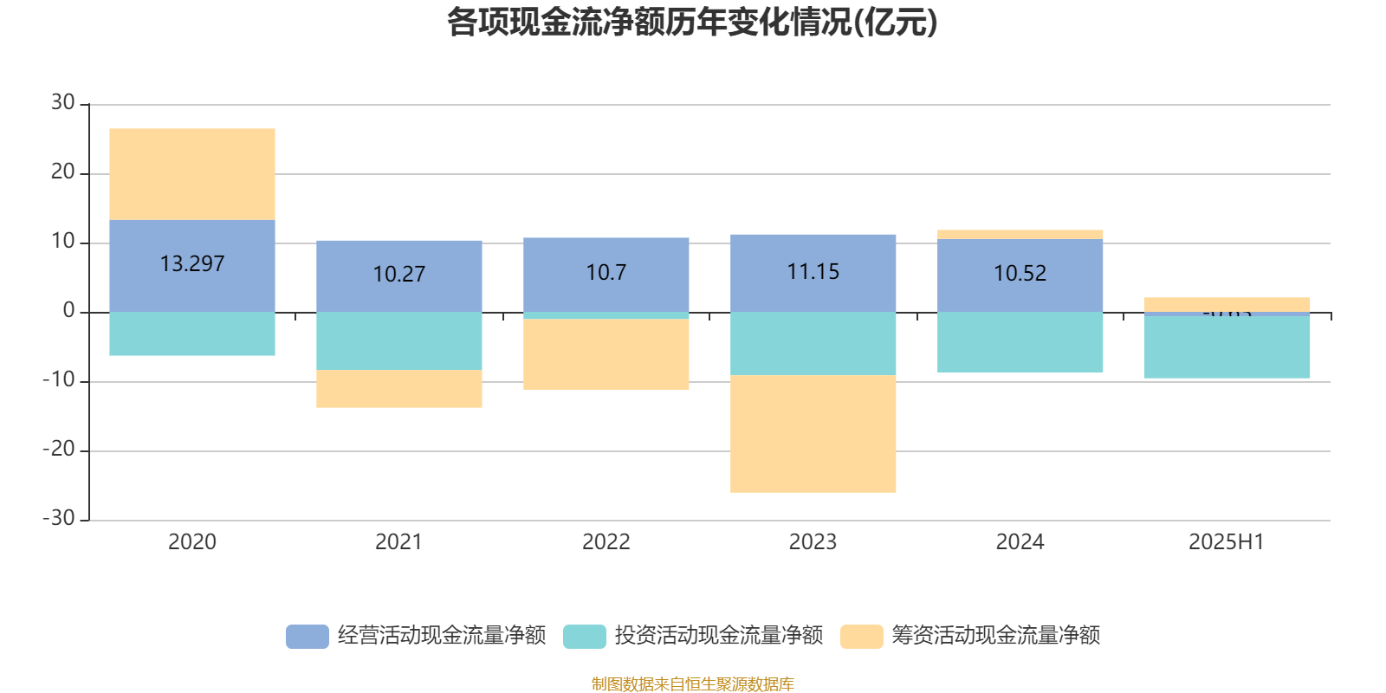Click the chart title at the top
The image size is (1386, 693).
(692, 23)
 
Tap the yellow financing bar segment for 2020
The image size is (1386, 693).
(192, 173)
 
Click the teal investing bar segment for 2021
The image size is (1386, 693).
(399, 340)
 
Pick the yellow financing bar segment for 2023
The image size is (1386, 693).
(813, 433)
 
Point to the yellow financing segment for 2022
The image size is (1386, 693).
(606, 354)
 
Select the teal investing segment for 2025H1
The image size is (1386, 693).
(1227, 346)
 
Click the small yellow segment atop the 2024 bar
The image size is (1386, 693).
(1020, 234)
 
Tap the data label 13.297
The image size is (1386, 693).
(192, 263)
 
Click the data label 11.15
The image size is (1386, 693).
(813, 272)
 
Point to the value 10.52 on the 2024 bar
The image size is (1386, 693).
(1020, 274)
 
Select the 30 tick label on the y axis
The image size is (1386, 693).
(62, 103)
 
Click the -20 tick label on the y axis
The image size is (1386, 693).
(59, 450)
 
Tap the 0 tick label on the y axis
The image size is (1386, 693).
(68, 311)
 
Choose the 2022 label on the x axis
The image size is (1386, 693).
(606, 542)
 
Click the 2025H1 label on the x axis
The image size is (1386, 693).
(1227, 542)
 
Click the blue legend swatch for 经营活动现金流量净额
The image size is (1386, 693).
(308, 636)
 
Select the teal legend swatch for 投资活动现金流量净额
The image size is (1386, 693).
(585, 636)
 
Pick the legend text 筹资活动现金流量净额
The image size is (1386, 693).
(996, 636)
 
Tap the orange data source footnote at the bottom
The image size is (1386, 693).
(692, 684)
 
